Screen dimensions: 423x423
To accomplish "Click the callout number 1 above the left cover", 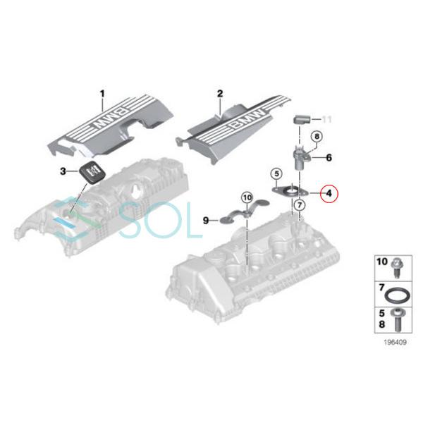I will [x=101, y=93].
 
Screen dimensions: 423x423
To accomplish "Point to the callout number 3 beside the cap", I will [x=63, y=171].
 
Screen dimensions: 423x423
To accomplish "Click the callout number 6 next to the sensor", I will [x=328, y=158].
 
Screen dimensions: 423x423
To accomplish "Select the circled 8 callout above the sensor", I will [x=317, y=136].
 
